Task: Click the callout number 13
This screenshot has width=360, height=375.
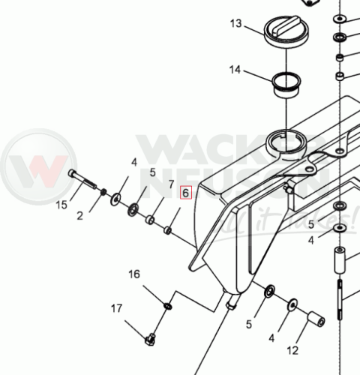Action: click(236, 24)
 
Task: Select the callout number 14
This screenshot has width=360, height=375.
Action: click(235, 70)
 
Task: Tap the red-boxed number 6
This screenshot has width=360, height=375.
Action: click(186, 193)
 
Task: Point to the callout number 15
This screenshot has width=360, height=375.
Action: click(61, 205)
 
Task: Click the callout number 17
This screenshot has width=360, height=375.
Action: click(117, 308)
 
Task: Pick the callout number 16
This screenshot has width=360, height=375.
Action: click(134, 274)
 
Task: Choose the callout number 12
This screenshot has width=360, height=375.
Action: click(292, 350)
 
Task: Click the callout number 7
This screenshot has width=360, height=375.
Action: click(171, 184)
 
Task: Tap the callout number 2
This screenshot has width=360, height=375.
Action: click(79, 216)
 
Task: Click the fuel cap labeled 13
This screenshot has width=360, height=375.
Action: click(286, 32)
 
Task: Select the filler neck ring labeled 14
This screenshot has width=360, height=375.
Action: click(286, 85)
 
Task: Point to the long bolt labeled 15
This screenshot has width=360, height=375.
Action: click(82, 179)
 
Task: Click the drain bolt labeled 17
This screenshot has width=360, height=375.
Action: click(150, 340)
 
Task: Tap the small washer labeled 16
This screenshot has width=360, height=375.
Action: click(167, 305)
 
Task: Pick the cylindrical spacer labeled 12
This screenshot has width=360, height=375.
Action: click(316, 319)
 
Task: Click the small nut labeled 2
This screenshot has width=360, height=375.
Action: click(103, 192)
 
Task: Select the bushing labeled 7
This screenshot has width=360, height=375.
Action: click(150, 220)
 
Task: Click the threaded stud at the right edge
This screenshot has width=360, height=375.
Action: click(340, 300)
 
